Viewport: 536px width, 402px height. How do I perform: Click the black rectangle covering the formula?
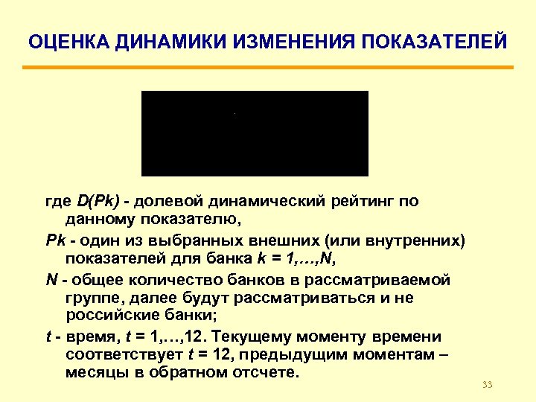[x=255, y=133]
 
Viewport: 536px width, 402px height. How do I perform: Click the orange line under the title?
[x=268, y=68]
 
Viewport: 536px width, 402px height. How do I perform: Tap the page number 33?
[x=488, y=384]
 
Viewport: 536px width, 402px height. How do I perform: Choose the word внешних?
[x=328, y=240]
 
